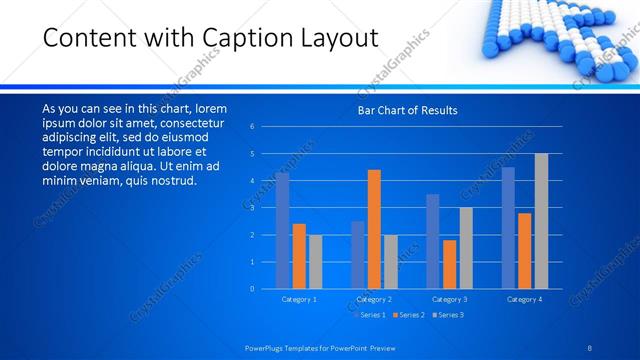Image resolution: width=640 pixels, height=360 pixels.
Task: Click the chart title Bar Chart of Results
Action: (x=407, y=110)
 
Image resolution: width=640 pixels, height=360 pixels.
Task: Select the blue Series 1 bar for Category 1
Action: (x=283, y=230)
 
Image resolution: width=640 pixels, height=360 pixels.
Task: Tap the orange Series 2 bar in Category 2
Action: (x=374, y=229)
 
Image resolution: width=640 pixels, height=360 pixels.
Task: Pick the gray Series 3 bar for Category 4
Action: (x=541, y=221)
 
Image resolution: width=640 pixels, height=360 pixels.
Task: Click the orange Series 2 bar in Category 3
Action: (x=449, y=264)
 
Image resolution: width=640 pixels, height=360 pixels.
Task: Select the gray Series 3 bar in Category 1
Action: (x=315, y=262)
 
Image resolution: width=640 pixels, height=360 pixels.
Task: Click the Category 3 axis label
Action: (x=449, y=299)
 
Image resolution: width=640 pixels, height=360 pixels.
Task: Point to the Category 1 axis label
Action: (x=299, y=299)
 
